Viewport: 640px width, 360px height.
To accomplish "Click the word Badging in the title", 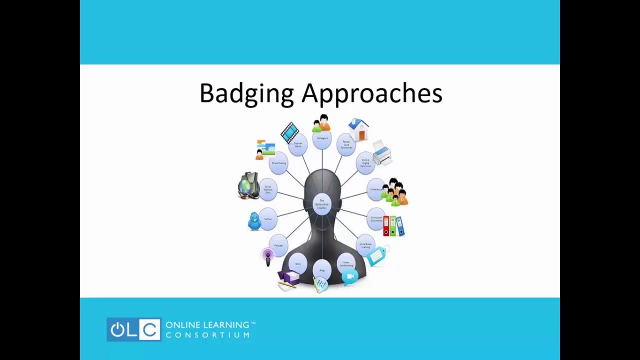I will (246, 94).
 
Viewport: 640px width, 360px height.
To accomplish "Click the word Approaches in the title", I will (372, 94).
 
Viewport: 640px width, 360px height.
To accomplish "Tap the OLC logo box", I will (133, 329).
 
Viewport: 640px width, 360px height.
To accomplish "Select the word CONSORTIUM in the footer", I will (207, 335).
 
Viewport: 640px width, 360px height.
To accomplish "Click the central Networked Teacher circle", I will (322, 204).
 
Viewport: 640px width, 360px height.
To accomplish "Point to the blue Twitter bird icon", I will (254, 220).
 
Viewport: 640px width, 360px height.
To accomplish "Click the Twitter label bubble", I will (268, 219).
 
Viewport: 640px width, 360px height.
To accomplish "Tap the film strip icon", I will (289, 131).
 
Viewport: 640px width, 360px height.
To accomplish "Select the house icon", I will (358, 129).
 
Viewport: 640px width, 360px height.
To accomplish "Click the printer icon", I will (382, 152).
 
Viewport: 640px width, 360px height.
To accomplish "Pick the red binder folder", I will (386, 226).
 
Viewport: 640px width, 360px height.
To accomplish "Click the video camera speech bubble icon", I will (350, 276).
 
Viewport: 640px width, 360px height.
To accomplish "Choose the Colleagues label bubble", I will (322, 138).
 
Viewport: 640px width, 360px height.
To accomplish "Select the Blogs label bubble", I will (322, 270).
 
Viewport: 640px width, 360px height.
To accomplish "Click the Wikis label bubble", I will (298, 263).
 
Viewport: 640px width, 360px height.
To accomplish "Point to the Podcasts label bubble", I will (278, 245).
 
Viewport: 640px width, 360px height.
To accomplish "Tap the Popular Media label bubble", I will (298, 145).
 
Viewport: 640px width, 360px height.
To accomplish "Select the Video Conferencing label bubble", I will (346, 263).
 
